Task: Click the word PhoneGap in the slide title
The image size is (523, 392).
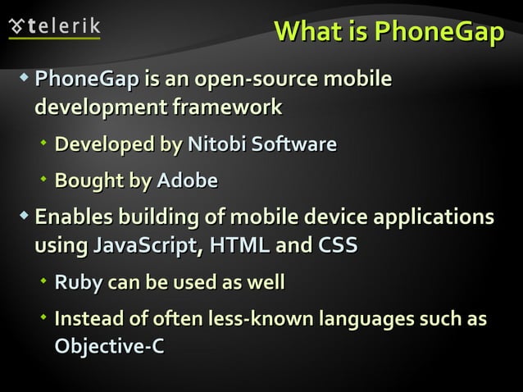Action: (439, 32)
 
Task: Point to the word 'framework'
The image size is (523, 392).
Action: (225, 107)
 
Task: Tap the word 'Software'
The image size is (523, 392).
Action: (293, 145)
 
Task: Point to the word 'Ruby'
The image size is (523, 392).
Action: (75, 284)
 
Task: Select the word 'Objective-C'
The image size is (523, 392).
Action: (108, 347)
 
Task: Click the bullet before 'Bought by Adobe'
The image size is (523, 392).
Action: (44, 180)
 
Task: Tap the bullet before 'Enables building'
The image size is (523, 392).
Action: (25, 217)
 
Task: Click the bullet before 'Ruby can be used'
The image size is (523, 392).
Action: (44, 282)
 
